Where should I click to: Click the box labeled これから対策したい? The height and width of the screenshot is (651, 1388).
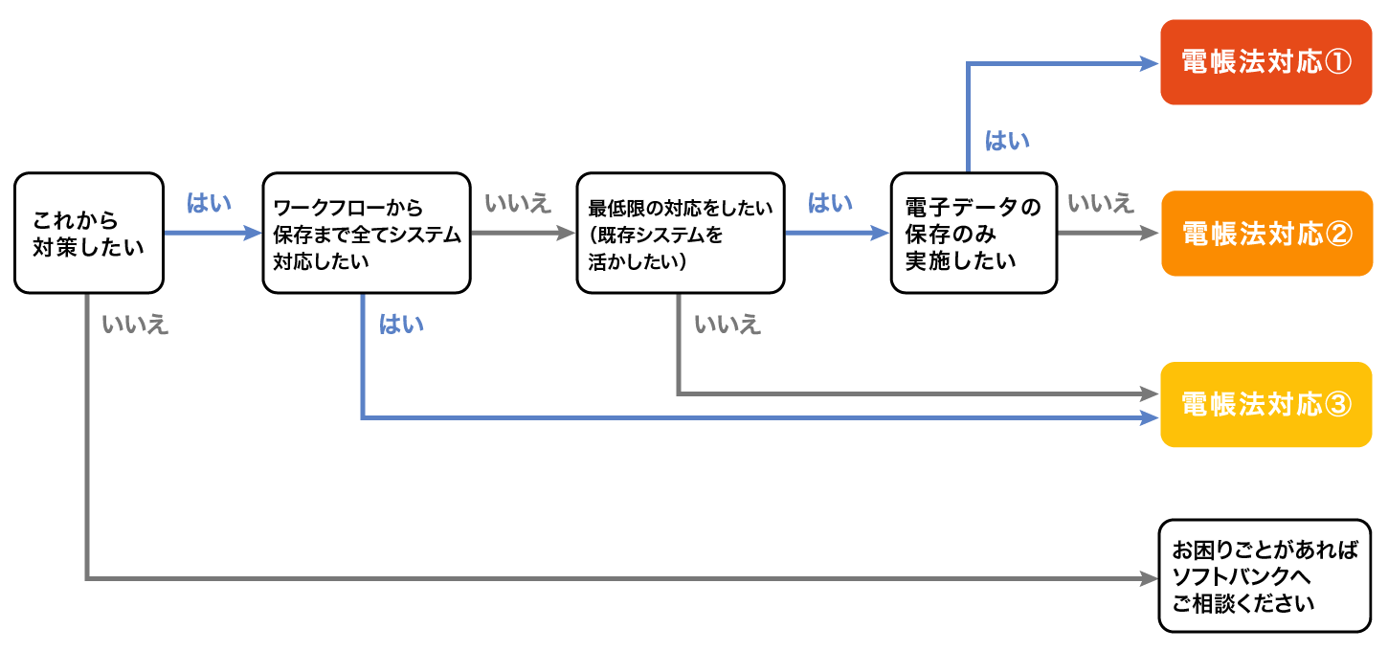click(x=89, y=233)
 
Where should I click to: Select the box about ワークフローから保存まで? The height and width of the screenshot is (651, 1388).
click(x=367, y=233)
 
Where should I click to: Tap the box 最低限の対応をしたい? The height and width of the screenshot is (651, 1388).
click(x=680, y=233)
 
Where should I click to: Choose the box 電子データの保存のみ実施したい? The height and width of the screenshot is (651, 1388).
click(x=974, y=233)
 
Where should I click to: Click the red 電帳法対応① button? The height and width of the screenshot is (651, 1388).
click(x=1265, y=62)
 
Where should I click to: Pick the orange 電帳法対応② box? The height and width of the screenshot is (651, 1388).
click(x=1265, y=234)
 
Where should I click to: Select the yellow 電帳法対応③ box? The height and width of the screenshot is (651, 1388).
click(x=1265, y=404)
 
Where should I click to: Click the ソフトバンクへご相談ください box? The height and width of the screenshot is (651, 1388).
click(x=1265, y=576)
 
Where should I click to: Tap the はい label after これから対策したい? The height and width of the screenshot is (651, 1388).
click(x=210, y=203)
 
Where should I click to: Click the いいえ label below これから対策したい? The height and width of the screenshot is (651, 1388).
click(x=135, y=325)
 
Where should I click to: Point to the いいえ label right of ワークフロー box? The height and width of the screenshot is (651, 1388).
click(x=519, y=203)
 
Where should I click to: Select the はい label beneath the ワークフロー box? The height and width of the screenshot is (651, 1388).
click(x=401, y=325)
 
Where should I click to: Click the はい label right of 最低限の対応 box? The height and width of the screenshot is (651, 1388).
click(x=831, y=203)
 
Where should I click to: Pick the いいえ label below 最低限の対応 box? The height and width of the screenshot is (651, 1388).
click(x=728, y=325)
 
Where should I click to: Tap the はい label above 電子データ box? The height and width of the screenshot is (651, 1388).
click(x=1008, y=142)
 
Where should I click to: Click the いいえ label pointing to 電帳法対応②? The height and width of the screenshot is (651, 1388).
click(x=1101, y=203)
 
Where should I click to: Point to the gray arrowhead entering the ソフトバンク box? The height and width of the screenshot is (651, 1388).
click(x=1149, y=578)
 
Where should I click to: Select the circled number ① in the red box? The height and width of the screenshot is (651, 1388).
click(x=1337, y=62)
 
